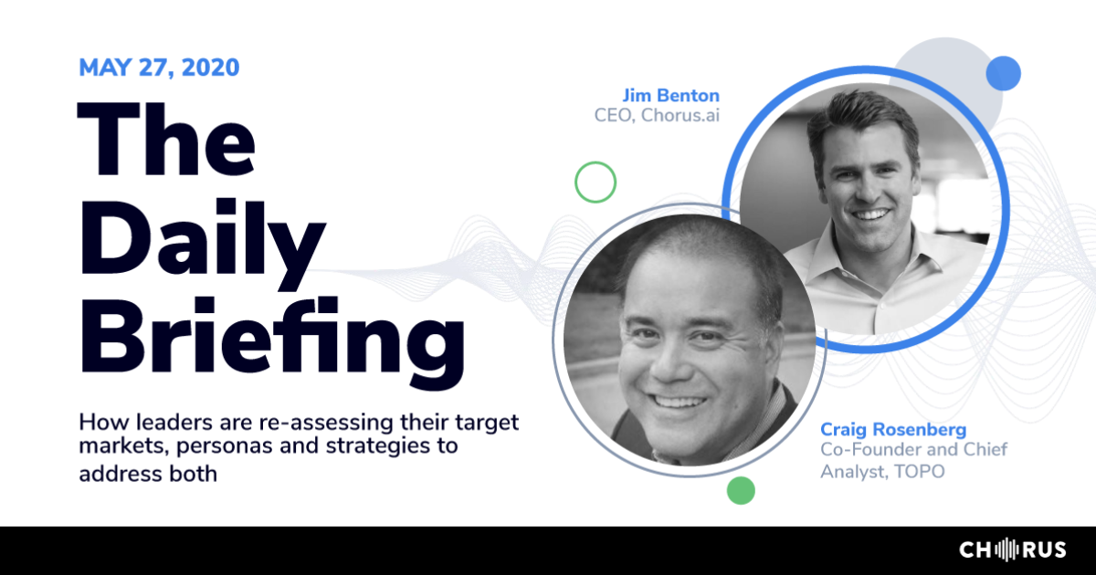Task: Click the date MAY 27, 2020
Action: click(159, 67)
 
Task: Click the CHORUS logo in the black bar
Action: click(1012, 549)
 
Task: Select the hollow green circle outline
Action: click(595, 182)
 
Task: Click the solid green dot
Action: click(741, 490)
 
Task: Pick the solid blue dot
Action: click(1003, 72)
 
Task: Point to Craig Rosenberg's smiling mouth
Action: click(680, 401)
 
